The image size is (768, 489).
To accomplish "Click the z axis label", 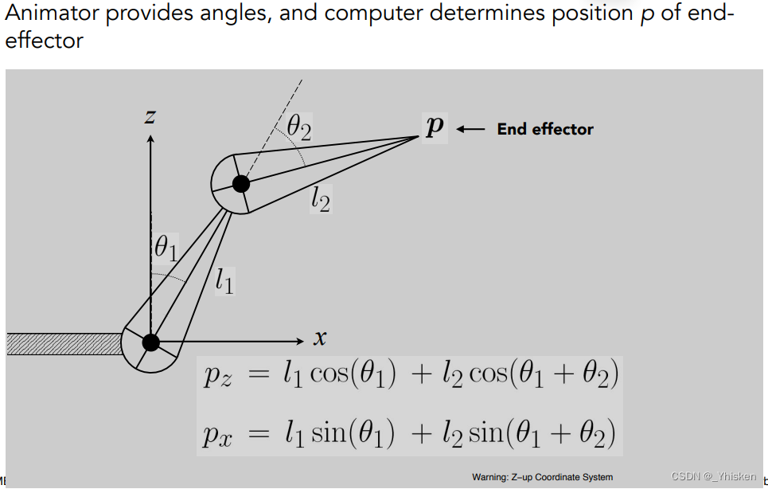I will pyautogui.click(x=150, y=117).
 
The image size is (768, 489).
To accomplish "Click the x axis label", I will pyautogui.click(x=319, y=338).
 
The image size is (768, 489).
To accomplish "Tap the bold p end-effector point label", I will pyautogui.click(x=434, y=127).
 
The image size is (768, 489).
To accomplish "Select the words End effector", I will pyautogui.click(x=545, y=129).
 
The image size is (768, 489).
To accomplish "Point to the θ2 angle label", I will pyautogui.click(x=299, y=126).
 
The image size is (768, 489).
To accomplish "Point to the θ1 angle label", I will pyautogui.click(x=166, y=248).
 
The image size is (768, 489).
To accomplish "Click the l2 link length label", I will pyautogui.click(x=320, y=198).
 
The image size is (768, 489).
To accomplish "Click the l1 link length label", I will pyautogui.click(x=224, y=280).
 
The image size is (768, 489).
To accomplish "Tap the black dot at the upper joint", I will pyautogui.click(x=241, y=184).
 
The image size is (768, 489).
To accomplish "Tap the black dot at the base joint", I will pyautogui.click(x=150, y=342).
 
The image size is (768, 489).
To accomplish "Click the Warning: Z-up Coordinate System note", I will pyautogui.click(x=542, y=477).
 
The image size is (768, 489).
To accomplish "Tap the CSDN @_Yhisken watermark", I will pyautogui.click(x=713, y=476).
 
